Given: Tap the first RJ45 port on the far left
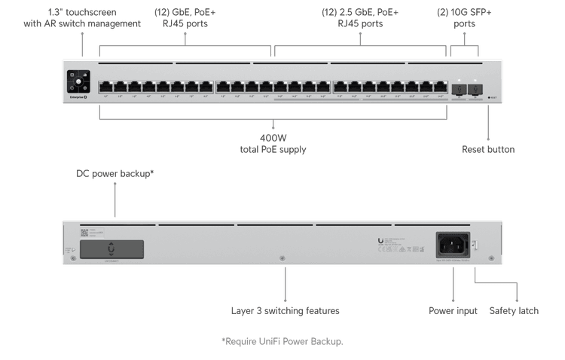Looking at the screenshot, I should click(x=105, y=87).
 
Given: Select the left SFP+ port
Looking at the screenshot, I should click(x=458, y=87).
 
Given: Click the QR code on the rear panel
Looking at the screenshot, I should click(x=84, y=232).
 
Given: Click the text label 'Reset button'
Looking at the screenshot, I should click(x=488, y=149).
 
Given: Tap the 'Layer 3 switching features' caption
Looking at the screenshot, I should click(x=285, y=310).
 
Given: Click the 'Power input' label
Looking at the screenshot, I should click(x=453, y=310).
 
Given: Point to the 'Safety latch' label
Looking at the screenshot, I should click(x=514, y=310).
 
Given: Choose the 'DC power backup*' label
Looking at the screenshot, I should click(x=115, y=173).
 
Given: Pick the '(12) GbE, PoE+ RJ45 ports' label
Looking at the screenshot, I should click(x=185, y=18).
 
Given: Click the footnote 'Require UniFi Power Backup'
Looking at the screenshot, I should click(x=282, y=342).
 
